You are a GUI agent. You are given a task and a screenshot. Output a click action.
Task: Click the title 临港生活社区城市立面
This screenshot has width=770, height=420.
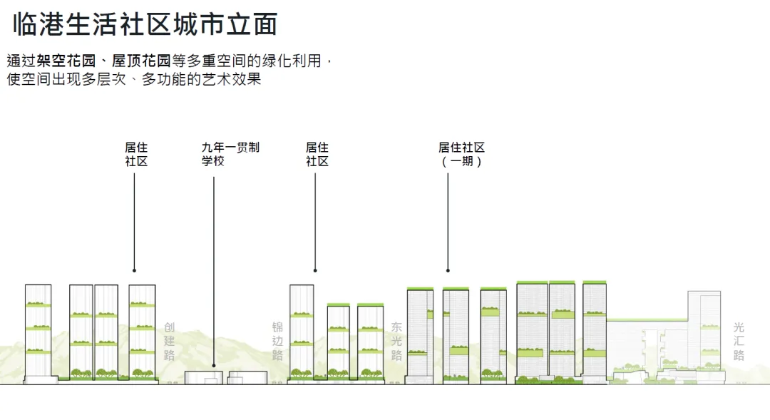(x=145, y=25)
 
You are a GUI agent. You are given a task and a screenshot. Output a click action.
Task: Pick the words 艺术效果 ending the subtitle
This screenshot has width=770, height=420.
(x=235, y=79)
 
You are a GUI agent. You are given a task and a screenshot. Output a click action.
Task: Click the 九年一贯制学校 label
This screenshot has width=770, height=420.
(x=230, y=155)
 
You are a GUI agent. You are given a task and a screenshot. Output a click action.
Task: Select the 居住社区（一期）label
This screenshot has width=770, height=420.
(x=461, y=155)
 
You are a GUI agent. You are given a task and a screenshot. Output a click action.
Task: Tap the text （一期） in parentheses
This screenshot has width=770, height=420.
(x=461, y=162)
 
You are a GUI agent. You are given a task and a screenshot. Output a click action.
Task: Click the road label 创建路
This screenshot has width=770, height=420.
(x=169, y=341)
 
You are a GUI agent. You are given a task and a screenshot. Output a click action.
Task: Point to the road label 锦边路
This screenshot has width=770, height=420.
(x=277, y=341)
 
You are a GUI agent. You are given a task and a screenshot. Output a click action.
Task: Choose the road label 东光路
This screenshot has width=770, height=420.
(x=396, y=341)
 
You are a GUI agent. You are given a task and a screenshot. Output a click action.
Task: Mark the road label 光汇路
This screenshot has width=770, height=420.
(x=738, y=341)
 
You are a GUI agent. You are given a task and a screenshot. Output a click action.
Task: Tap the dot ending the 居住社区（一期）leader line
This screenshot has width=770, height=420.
(x=448, y=271)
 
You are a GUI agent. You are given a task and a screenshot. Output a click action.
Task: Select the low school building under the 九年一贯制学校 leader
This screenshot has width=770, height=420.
(x=204, y=378)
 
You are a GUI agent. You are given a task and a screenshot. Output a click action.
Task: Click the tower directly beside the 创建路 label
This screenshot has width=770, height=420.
(x=142, y=332)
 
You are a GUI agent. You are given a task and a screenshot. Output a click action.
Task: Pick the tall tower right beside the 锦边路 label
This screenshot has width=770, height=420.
(x=302, y=332)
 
